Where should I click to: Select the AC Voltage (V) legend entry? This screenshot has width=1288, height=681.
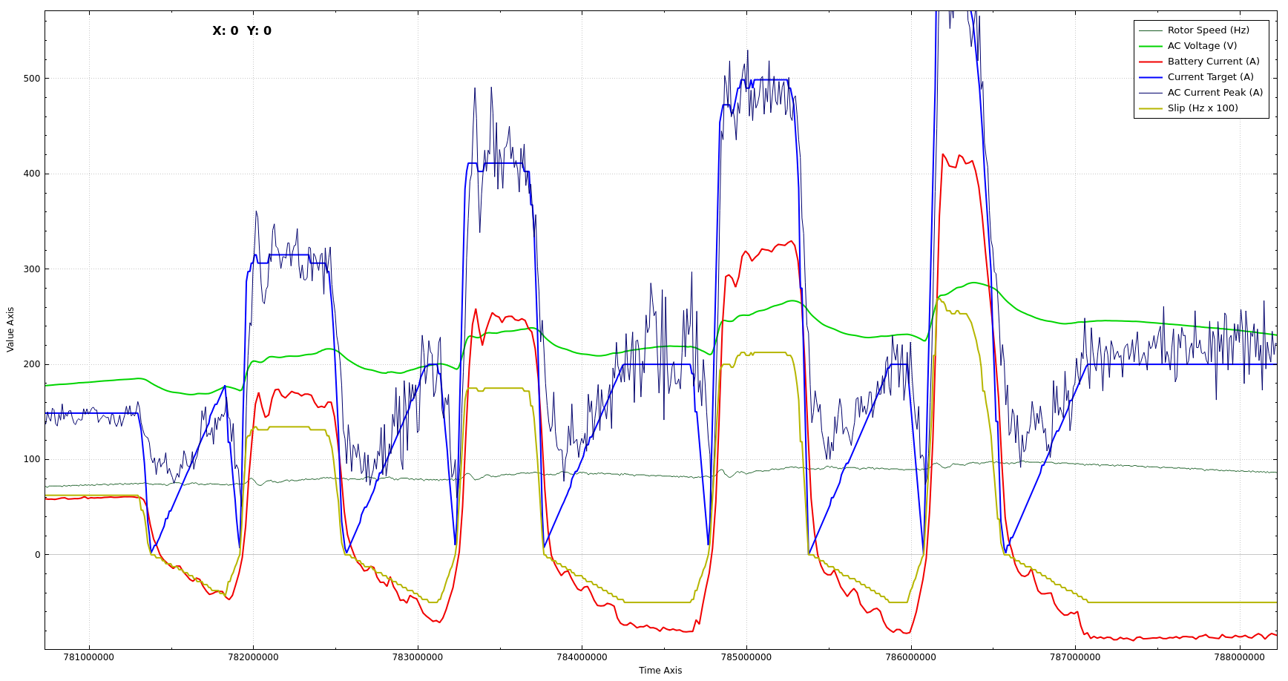[1202, 46]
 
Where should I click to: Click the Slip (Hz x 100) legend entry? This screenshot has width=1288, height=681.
[1203, 108]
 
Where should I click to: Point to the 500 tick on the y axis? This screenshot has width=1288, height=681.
[31, 79]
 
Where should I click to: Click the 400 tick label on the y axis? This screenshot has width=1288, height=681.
[31, 174]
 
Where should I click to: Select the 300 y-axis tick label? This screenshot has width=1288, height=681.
[31, 269]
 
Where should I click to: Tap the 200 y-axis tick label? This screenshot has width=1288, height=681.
[31, 364]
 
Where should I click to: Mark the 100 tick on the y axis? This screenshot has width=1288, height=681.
[31, 459]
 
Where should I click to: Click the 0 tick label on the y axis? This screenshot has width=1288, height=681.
[37, 555]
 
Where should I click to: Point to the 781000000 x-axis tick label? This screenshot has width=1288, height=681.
[89, 657]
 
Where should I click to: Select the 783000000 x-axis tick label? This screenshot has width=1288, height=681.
[418, 657]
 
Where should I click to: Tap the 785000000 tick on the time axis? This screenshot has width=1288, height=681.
[746, 657]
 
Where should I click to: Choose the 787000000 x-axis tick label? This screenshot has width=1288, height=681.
[1075, 657]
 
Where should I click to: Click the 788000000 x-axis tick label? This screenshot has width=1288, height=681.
[1240, 657]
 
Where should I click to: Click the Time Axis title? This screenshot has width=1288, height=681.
[660, 671]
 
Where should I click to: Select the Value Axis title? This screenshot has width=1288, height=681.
[10, 329]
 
